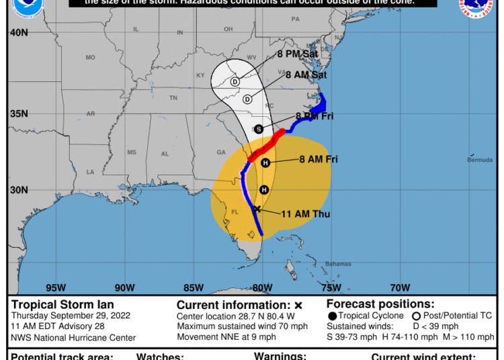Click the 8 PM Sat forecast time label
299,54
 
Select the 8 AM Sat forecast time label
306,75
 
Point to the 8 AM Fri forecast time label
318,159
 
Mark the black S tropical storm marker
259,129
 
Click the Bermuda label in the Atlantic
480,160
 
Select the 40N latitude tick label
19,32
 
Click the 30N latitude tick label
19,190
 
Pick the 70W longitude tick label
400,288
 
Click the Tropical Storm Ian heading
62,304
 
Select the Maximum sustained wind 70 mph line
242,326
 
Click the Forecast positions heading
380,304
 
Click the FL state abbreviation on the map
235,212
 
